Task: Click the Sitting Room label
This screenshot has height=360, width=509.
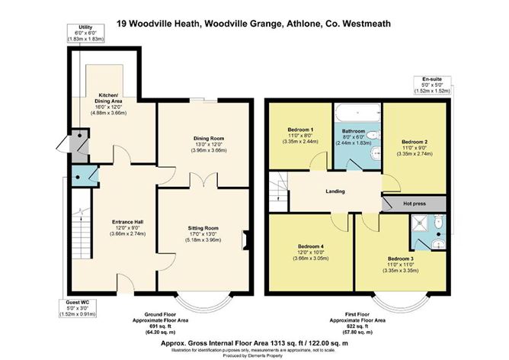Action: (203, 228)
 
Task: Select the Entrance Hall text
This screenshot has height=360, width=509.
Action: (109, 223)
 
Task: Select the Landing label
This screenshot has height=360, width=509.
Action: (335, 191)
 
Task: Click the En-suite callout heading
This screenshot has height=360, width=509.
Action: (436, 79)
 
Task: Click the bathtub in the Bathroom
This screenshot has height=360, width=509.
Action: (357, 114)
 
